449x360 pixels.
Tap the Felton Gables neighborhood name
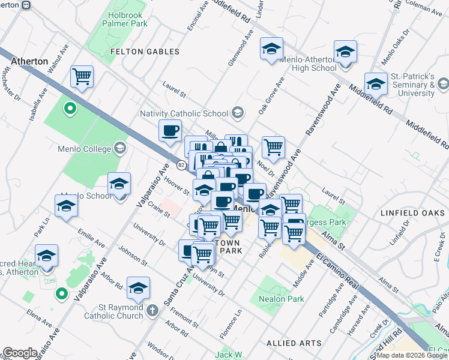pyautogui.click(x=145, y=52)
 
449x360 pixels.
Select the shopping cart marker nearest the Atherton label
pyautogui.click(x=82, y=77)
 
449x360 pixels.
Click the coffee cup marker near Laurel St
pyautogui.click(x=170, y=130)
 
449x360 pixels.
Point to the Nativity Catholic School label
pyautogui.click(x=184, y=113)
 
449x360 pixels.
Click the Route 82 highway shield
pyautogui.click(x=181, y=164)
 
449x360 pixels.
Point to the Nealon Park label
pyautogui.click(x=282, y=299)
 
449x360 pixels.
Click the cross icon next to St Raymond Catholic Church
pyautogui.click(x=152, y=310)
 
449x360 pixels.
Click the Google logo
pyautogui.click(x=19, y=352)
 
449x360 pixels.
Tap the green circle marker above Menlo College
pyautogui.click(x=70, y=109)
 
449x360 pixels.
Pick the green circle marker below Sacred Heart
pyautogui.click(x=61, y=293)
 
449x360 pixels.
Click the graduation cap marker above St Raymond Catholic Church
pyautogui.click(x=138, y=287)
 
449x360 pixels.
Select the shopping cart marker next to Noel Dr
pyautogui.click(x=273, y=146)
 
